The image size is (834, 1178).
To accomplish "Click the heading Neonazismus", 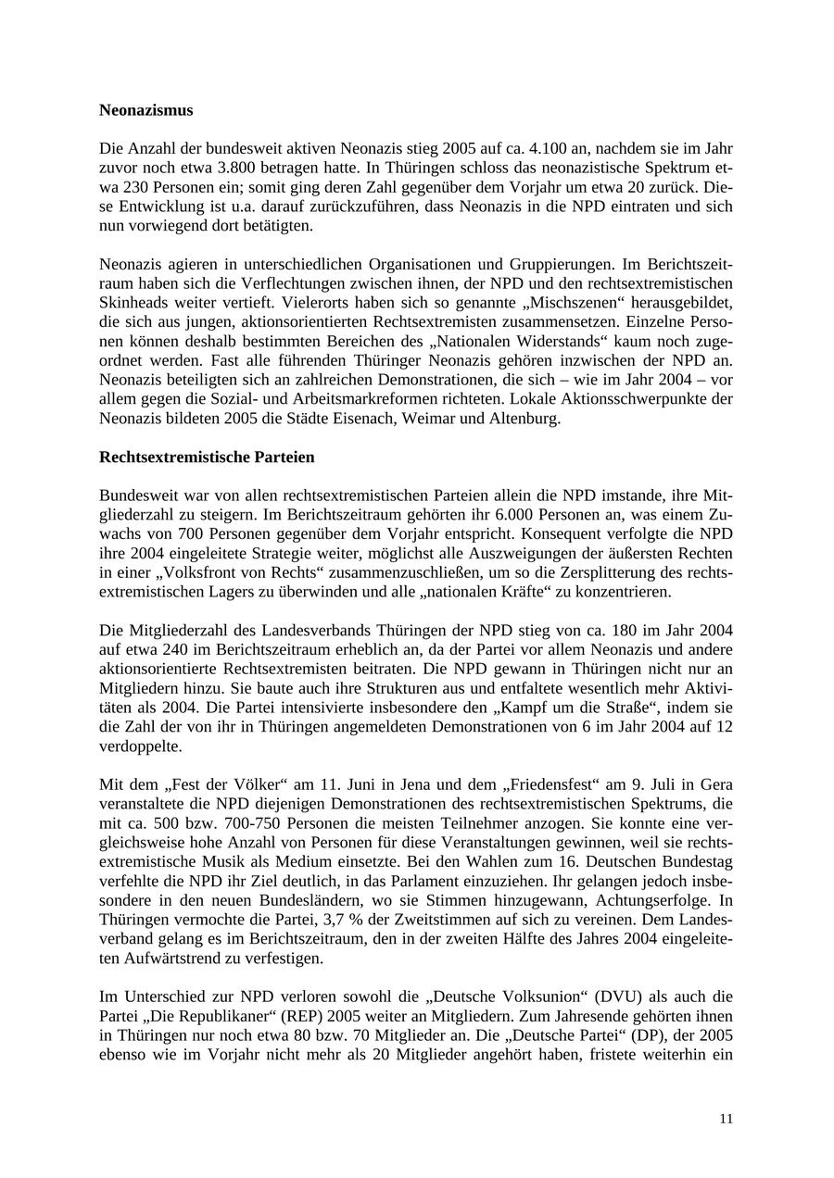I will (145, 110).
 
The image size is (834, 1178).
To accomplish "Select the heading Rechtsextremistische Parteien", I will (207, 457).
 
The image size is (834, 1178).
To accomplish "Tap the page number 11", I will (726, 1119).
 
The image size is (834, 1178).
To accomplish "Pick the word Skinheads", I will (133, 303).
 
